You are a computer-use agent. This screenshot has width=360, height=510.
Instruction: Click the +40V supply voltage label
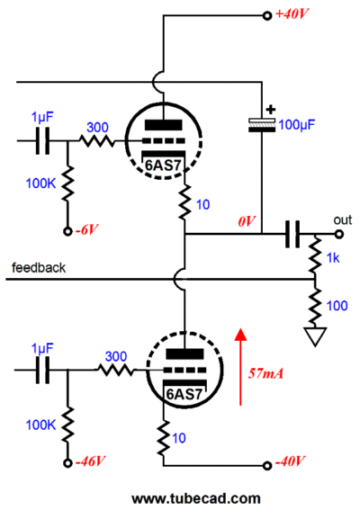coord(292,13)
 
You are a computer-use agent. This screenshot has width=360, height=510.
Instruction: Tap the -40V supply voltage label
coord(290,461)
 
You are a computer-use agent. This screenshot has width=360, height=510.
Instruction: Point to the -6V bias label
coord(86,229)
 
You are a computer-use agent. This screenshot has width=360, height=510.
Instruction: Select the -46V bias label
coord(91,461)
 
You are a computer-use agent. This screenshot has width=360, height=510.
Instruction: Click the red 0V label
coord(247,221)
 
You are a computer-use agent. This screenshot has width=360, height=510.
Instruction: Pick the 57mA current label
coord(265,373)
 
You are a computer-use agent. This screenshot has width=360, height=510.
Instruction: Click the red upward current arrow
coord(240,367)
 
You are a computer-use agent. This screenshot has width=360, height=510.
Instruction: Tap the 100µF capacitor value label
coord(297,124)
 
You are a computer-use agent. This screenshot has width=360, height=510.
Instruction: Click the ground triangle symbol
coord(315,336)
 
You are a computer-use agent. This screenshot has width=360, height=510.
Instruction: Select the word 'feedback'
coord(39,268)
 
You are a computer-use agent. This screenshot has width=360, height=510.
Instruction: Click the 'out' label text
coord(343,220)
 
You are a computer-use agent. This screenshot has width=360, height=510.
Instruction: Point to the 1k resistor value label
coord(333,258)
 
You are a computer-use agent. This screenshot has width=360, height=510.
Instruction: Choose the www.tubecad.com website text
coord(196,498)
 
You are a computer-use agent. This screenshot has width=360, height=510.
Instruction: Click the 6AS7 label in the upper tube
coord(163,166)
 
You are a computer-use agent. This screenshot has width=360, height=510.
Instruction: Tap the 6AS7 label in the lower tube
coord(184,394)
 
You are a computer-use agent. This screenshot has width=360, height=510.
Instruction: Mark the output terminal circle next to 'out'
coord(339,234)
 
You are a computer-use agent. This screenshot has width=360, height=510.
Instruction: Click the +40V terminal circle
coord(267,15)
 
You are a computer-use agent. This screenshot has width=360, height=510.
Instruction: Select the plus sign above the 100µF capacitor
coord(271,110)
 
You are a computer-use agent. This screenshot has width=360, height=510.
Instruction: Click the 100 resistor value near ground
coord(337,306)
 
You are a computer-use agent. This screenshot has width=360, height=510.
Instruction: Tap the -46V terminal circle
coord(67,463)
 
